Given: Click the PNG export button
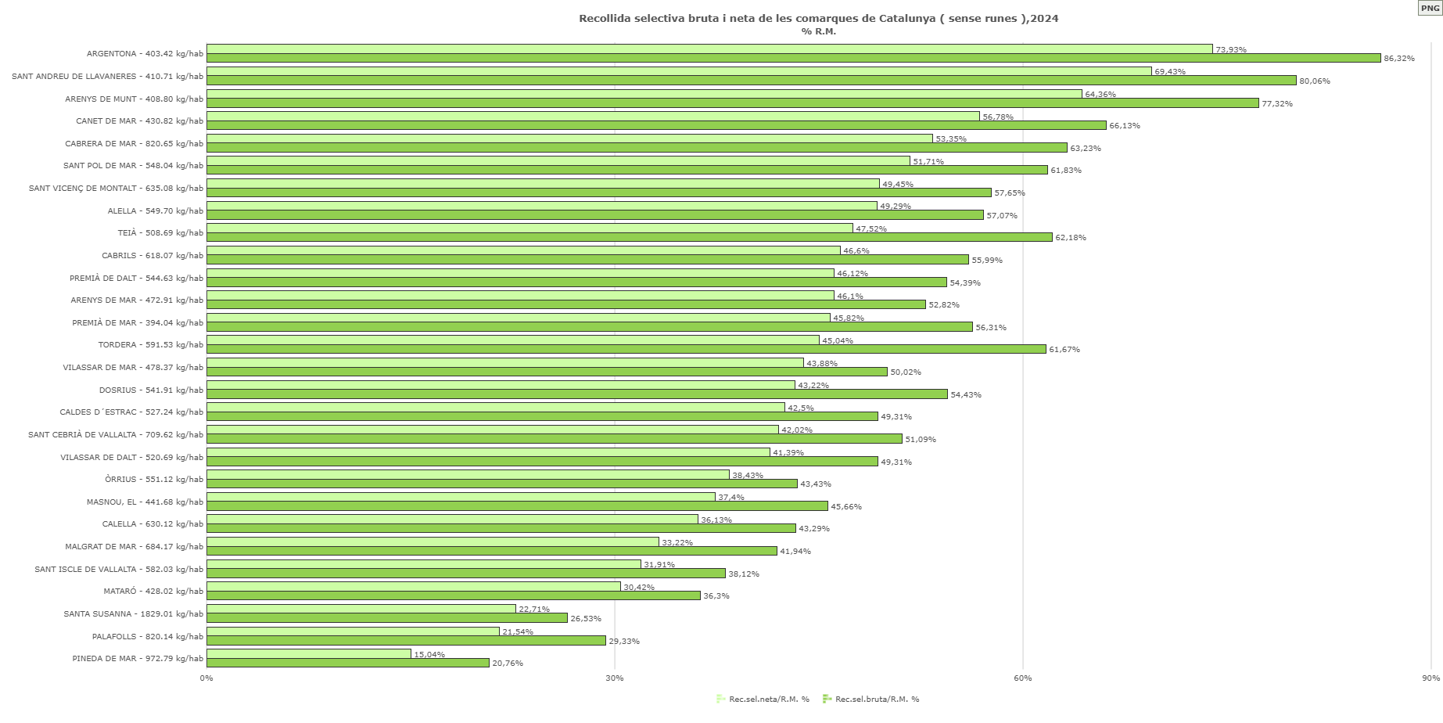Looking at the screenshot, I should tap(1430, 8).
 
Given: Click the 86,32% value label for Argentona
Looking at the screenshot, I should tap(1398, 59).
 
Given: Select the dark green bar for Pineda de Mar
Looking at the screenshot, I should tap(348, 663).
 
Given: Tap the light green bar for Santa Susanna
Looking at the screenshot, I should tap(361, 609).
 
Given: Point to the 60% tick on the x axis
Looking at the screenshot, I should tap(1022, 678).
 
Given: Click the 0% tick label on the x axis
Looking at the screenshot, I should tap(206, 678).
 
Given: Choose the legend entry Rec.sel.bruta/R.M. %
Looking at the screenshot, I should tap(871, 699).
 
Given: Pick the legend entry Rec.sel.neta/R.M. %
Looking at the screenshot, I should tap(763, 699).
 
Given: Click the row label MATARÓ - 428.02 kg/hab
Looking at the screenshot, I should tap(153, 592).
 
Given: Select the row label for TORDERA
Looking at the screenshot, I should tap(150, 345).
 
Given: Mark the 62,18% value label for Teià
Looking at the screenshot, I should tap(1070, 238).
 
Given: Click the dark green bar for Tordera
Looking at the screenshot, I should tap(626, 349).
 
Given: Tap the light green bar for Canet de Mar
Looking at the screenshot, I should tap(593, 117).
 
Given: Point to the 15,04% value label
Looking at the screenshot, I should tap(429, 655).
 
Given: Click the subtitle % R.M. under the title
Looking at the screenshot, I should tap(818, 31).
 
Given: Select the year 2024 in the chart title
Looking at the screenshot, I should tap(1044, 18).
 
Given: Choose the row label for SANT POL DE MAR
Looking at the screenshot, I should tap(133, 166).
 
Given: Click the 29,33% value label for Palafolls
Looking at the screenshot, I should tap(623, 642).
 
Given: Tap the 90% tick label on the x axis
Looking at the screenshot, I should tap(1430, 678).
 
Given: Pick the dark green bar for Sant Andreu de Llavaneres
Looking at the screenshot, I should tap(751, 81).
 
